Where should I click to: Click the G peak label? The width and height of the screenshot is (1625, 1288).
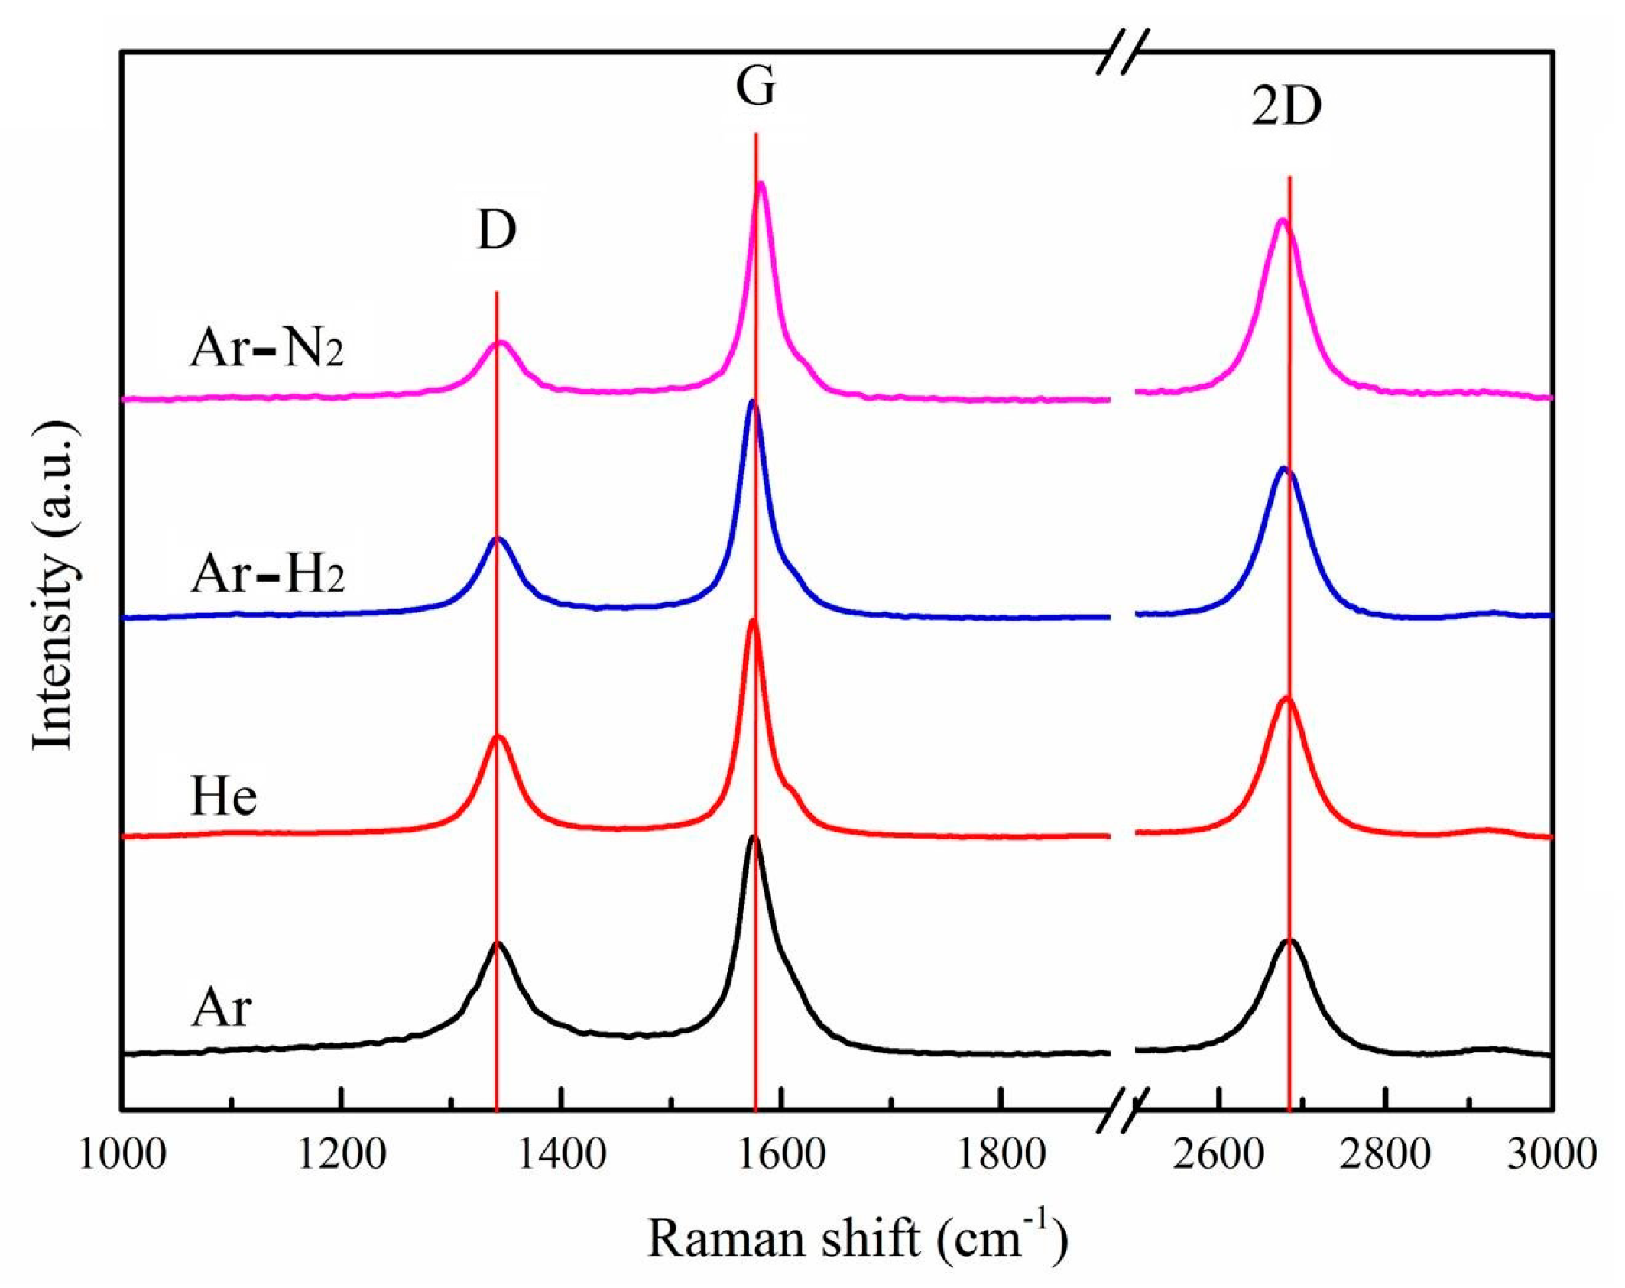[755, 87]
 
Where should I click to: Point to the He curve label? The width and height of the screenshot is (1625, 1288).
[223, 797]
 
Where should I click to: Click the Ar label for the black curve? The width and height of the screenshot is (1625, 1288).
[221, 1008]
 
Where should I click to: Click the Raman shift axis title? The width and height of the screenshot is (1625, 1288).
[858, 1237]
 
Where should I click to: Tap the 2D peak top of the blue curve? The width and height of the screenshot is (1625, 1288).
[1283, 467]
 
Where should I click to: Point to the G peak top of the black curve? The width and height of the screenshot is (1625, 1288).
[754, 837]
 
